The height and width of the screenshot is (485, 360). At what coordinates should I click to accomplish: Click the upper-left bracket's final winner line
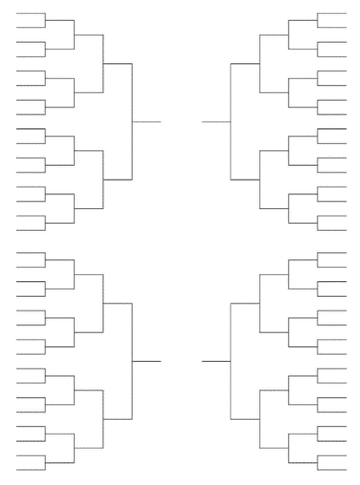click(x=147, y=121)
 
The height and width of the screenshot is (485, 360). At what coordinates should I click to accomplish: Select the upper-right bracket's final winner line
click(x=215, y=121)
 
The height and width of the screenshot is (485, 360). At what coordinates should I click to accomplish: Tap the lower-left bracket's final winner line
click(x=147, y=360)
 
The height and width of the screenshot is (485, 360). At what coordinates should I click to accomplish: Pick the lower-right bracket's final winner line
click(x=215, y=360)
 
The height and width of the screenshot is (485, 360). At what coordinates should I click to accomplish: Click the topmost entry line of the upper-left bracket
click(x=31, y=14)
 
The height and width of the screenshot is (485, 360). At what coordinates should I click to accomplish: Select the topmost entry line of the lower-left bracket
click(x=31, y=252)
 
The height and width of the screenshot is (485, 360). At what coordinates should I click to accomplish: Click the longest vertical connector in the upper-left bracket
click(x=133, y=121)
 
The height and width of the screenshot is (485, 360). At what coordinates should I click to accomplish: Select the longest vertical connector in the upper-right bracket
click(x=230, y=121)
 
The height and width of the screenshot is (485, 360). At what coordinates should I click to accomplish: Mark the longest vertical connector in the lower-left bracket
click(x=133, y=360)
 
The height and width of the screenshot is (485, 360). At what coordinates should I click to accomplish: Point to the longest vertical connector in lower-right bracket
click(x=230, y=360)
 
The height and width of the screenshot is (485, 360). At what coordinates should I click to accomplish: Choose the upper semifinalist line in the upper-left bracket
click(x=118, y=64)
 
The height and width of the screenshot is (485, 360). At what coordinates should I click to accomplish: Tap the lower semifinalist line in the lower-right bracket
click(x=245, y=418)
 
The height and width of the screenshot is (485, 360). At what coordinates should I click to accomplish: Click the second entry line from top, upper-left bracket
click(x=31, y=28)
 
